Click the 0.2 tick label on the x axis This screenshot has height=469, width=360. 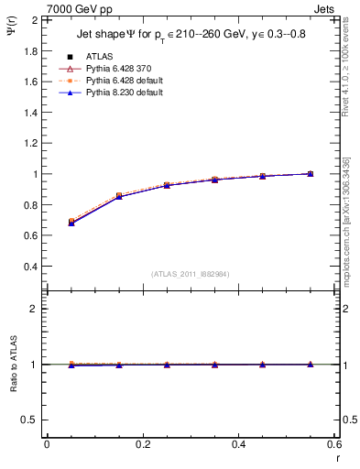click(142, 445)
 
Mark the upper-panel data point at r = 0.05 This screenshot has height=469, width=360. click(71, 222)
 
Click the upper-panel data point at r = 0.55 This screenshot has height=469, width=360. click(311, 173)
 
